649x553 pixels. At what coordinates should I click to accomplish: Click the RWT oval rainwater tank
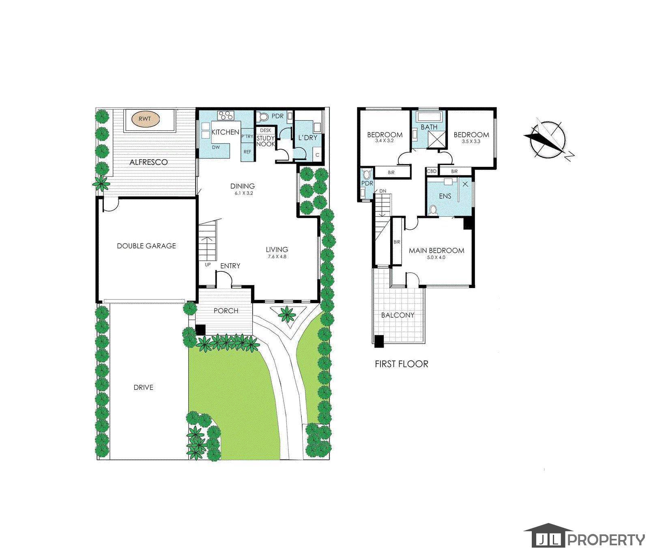146,119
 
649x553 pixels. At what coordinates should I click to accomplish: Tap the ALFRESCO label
148,162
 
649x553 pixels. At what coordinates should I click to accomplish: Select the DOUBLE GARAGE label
146,246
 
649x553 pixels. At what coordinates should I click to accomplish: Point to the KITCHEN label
226,132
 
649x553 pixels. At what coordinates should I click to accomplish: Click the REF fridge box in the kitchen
247,152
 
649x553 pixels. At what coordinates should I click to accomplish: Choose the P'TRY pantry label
247,137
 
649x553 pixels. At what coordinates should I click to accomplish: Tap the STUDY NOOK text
266,141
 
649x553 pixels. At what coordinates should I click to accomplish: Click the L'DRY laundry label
308,138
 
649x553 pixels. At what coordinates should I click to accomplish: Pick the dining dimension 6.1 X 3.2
243,193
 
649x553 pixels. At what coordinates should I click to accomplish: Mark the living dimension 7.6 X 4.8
277,256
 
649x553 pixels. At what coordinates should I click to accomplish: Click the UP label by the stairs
208,265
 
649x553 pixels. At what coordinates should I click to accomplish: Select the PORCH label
226,311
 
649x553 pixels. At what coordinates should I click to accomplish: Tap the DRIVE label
144,387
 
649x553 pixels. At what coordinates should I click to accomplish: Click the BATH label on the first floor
429,127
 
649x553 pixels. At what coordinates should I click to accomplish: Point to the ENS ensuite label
445,196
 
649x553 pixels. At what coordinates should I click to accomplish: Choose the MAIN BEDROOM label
436,250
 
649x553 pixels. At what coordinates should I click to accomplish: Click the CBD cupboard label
432,171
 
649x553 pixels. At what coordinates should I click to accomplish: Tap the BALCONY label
398,315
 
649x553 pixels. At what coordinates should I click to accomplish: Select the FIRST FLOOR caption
402,364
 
